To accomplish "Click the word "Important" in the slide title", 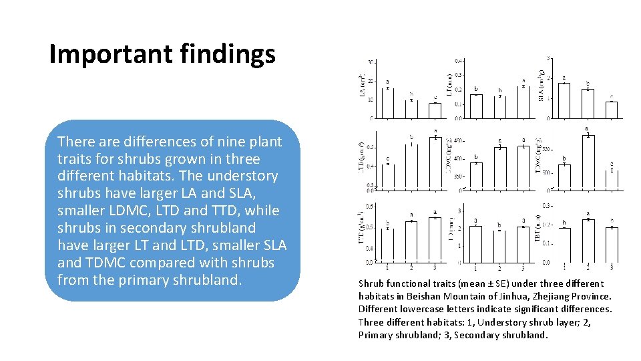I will tap(103, 54).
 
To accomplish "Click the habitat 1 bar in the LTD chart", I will tap(387, 177).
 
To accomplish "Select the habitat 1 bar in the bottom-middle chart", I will tap(475, 244).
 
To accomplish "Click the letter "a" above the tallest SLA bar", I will tap(564, 78).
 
